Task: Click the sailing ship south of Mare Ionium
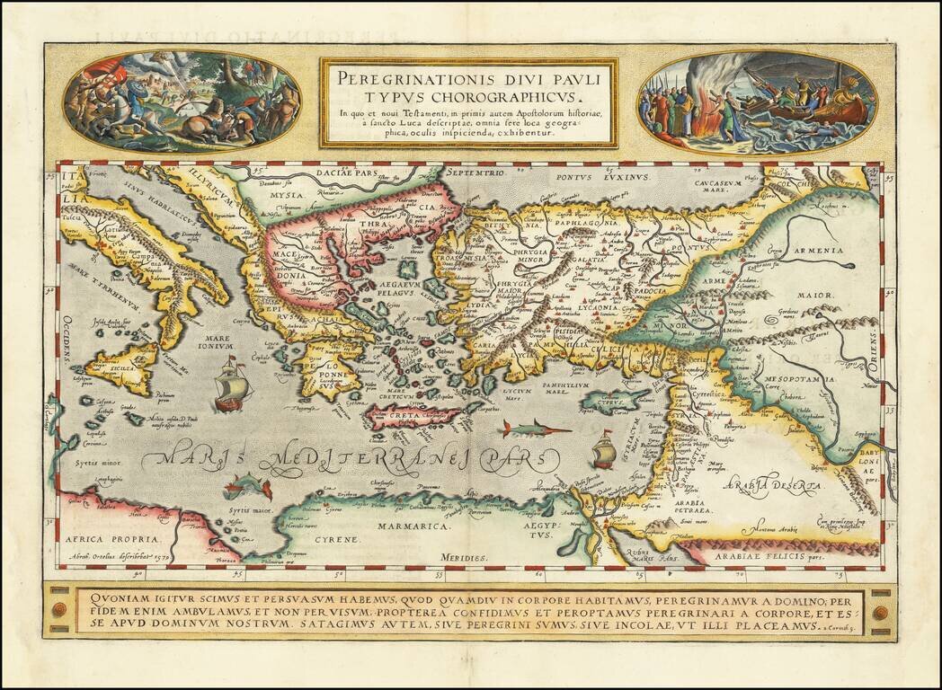coord(230,385)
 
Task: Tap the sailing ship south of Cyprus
coord(604,448)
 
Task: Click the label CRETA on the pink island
coord(399,417)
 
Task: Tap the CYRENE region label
coord(336,539)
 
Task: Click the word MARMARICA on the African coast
coord(424,526)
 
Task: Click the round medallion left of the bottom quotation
coord(59,611)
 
